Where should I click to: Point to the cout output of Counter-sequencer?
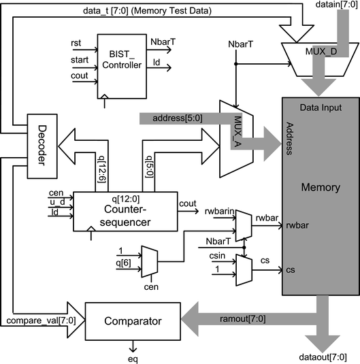point(188,203)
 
